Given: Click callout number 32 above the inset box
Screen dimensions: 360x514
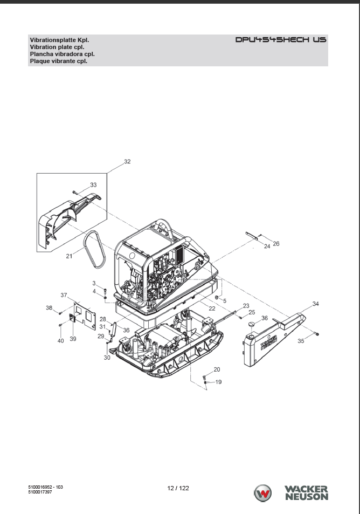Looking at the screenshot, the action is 127,161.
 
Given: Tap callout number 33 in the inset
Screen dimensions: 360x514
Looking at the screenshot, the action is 93,185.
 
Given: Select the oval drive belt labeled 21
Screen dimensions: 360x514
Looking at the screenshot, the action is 94,249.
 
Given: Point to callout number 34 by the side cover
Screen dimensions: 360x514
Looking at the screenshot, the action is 315,304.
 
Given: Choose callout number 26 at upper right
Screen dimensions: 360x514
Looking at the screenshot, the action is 276,244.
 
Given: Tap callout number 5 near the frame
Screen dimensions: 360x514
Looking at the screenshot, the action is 225,301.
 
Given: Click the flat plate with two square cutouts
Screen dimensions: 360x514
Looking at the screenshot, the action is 85,316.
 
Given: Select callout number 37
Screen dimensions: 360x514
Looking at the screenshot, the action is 64,295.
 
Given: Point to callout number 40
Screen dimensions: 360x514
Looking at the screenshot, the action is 60,341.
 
